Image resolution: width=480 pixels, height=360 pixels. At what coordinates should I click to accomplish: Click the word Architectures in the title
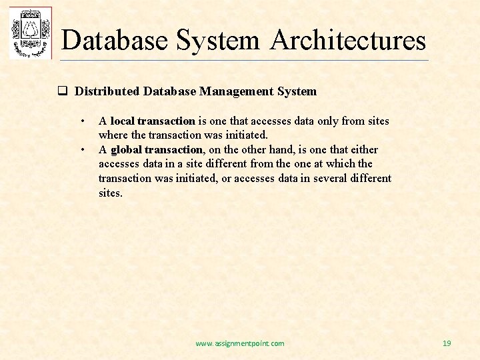[348, 40]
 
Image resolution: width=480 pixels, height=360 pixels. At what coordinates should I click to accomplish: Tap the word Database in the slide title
[115, 40]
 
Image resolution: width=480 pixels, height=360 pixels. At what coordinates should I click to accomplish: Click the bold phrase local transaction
[153, 121]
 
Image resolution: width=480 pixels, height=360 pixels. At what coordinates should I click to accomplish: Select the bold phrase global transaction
[157, 149]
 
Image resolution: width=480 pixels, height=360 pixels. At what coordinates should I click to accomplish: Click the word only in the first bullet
[327, 121]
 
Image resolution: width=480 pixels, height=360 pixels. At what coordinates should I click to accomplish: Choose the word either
[363, 149]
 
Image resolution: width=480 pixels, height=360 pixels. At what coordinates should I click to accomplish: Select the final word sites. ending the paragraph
[111, 193]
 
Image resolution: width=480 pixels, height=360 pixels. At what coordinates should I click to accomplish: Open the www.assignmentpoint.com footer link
[239, 343]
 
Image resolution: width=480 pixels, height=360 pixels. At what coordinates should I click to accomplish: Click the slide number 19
[447, 343]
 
